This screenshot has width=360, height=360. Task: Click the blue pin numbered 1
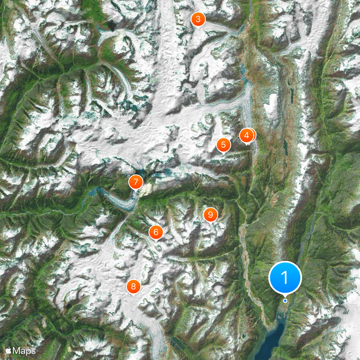click(x=285, y=277)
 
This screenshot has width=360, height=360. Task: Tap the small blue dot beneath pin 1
click(x=285, y=301)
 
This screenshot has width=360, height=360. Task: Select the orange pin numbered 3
click(x=198, y=19)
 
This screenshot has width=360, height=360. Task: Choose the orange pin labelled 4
click(x=247, y=135)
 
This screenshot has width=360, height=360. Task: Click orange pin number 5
click(x=223, y=145)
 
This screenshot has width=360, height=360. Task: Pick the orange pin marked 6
click(x=156, y=232)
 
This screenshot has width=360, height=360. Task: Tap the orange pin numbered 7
click(x=135, y=182)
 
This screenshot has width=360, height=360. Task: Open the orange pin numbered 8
click(x=133, y=286)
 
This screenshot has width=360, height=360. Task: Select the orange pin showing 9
click(x=210, y=214)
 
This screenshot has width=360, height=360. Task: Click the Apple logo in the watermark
click(x=8, y=350)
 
